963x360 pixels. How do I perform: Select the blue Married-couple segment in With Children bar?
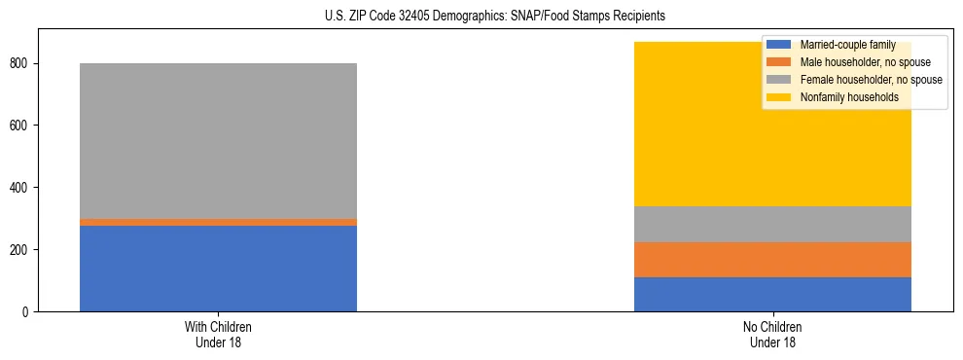click(218, 269)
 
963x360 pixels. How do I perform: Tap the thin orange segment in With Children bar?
click(218, 222)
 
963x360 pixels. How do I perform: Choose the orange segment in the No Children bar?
click(772, 260)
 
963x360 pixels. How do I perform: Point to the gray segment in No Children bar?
click(772, 224)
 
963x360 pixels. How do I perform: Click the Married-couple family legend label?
click(847, 45)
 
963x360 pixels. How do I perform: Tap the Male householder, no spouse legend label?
click(864, 62)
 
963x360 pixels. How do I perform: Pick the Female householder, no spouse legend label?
click(870, 80)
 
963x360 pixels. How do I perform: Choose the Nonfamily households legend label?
click(848, 97)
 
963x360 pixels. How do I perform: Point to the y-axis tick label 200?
click(21, 250)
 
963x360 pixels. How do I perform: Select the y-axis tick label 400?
click(21, 188)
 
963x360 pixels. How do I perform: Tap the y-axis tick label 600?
click(21, 126)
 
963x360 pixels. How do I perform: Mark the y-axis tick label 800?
click(21, 63)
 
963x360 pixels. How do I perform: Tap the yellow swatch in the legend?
click(779, 97)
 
